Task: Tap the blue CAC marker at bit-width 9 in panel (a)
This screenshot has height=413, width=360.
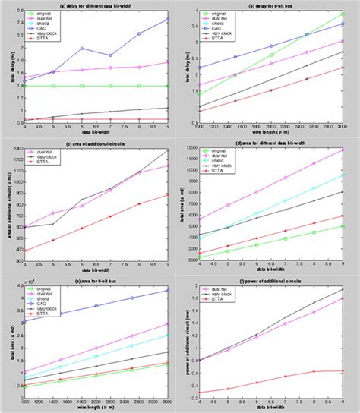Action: click(168, 19)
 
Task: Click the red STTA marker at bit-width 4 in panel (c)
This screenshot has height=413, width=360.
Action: click(24, 251)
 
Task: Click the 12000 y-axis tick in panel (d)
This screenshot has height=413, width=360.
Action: click(191, 150)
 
